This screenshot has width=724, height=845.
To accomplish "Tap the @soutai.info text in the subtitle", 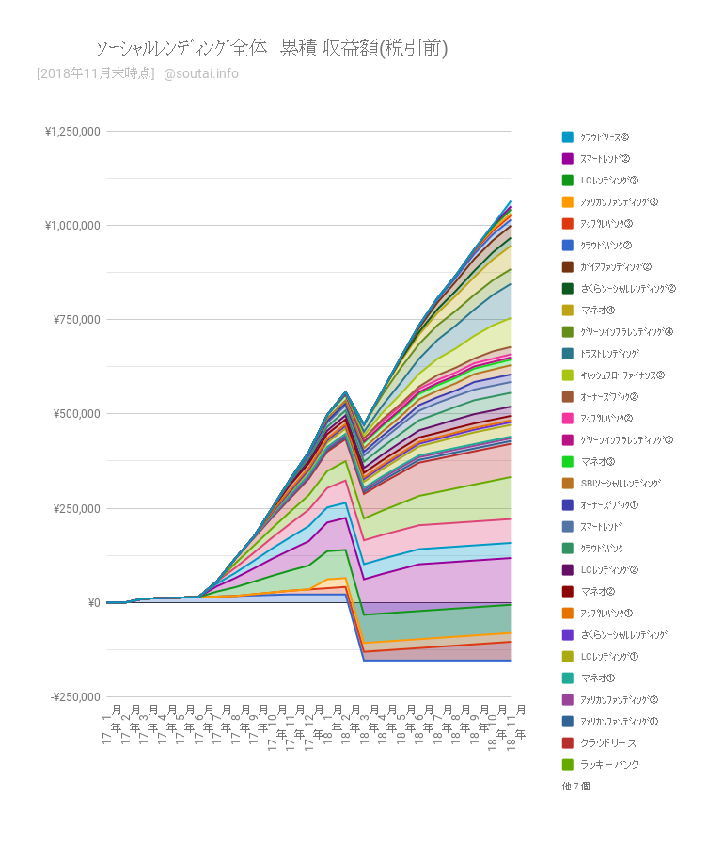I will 200,73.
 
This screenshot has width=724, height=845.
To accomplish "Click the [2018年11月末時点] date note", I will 95,73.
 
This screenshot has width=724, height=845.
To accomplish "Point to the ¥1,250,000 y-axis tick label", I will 72,132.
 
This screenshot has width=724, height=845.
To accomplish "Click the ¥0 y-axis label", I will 92,602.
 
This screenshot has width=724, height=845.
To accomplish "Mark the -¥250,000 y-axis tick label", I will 74,696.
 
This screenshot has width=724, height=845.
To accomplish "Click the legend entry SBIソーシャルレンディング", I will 620,483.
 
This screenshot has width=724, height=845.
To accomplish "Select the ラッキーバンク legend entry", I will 609,764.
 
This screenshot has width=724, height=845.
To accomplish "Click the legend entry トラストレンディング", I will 609,353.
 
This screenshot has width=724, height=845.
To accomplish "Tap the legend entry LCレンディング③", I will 609,180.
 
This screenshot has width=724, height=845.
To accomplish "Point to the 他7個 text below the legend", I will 575,786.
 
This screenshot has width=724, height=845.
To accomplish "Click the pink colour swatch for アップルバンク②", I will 567,418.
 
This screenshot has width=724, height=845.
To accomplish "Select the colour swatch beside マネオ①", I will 567,678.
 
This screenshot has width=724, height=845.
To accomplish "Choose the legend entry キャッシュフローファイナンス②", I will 622,375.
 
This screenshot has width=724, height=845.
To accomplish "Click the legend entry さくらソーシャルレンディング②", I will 628,288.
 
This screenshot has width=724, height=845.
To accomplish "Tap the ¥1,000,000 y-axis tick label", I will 72,226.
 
